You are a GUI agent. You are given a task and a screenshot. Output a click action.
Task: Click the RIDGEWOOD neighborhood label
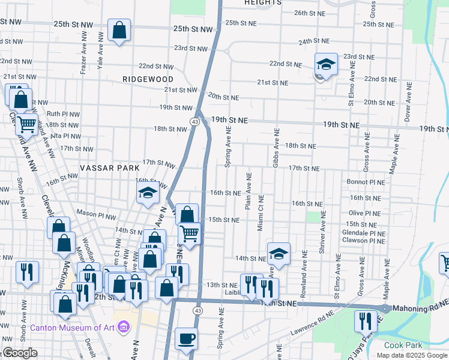coord(148,79)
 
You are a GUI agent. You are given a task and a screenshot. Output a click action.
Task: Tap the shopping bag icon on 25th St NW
coord(119,30)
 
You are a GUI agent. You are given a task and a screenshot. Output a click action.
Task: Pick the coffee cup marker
coord(186,338)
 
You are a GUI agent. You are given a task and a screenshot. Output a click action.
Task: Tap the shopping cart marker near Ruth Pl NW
coord(26,124)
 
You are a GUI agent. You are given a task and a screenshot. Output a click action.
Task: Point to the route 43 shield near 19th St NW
coord(195,121)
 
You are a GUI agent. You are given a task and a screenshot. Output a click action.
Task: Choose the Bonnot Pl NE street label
coord(366,182)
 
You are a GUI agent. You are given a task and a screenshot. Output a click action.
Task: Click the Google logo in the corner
coord(20,353)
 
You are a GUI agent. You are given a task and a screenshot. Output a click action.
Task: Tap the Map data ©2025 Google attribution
coord(412,355)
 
